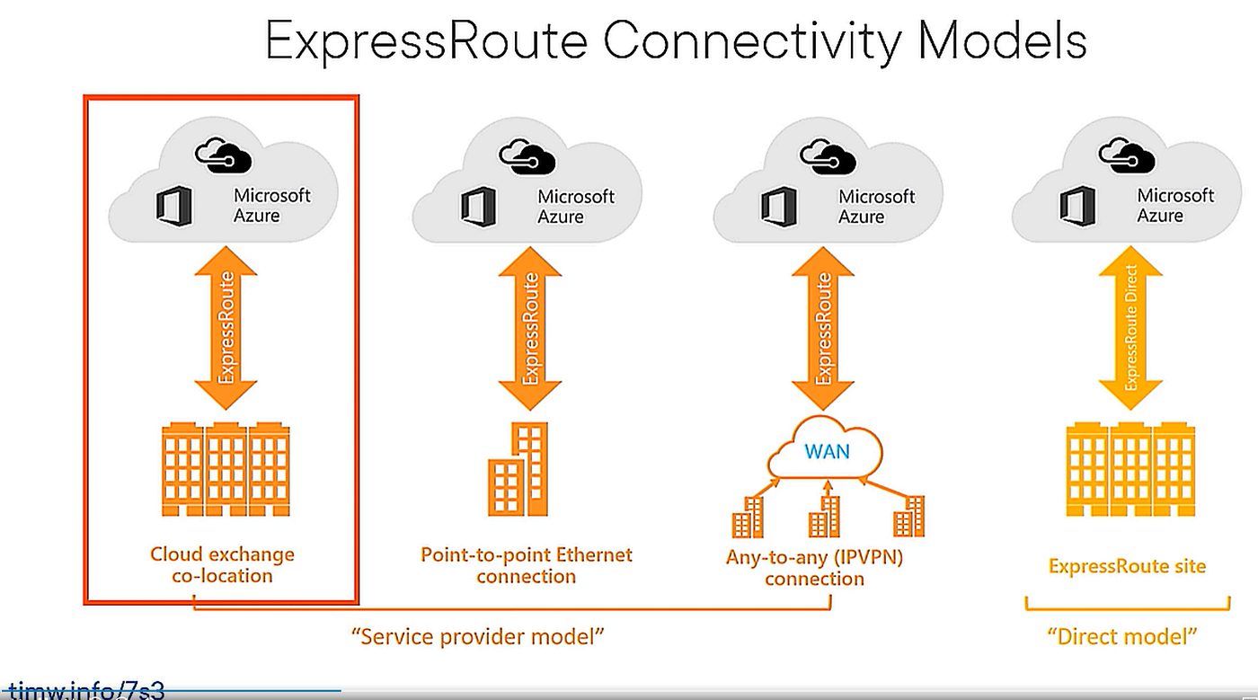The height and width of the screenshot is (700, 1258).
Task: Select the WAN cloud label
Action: pos(827,450)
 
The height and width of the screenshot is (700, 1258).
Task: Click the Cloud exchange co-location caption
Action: pos(222,564)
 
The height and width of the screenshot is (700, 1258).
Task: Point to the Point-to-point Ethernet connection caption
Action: pos(527,564)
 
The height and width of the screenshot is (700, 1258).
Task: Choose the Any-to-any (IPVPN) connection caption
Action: pos(814,568)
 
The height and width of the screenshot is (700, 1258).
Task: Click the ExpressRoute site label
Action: pos(1127,566)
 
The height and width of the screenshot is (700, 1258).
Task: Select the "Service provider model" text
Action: pos(476,637)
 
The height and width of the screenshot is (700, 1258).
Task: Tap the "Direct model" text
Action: pos(1123,637)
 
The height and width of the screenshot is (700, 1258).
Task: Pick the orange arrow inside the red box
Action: pos(226,327)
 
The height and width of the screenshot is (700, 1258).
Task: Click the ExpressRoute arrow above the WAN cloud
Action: pos(823,327)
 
